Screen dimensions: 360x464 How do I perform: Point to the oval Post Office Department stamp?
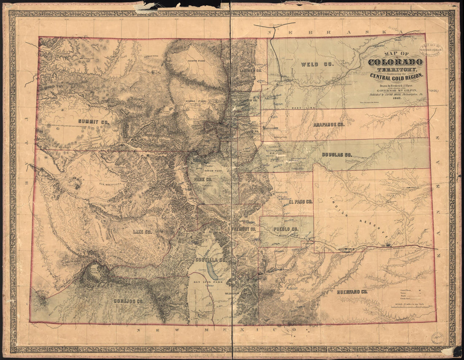[x=430, y=50]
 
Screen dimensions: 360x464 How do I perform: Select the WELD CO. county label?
[x=317, y=65]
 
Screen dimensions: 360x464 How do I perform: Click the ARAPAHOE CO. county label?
[x=329, y=125]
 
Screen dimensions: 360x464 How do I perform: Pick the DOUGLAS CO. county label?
[x=337, y=155]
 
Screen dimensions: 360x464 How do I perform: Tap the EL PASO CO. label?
[x=300, y=202]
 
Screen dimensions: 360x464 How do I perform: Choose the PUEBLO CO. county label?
[x=286, y=229]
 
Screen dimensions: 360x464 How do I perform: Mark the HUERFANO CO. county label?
[x=352, y=292]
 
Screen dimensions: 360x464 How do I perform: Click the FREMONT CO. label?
[x=244, y=229]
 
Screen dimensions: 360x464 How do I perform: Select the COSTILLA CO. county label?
[x=211, y=260]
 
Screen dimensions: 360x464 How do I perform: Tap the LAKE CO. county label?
[x=142, y=232]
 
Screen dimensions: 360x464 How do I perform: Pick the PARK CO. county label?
[x=202, y=179]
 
